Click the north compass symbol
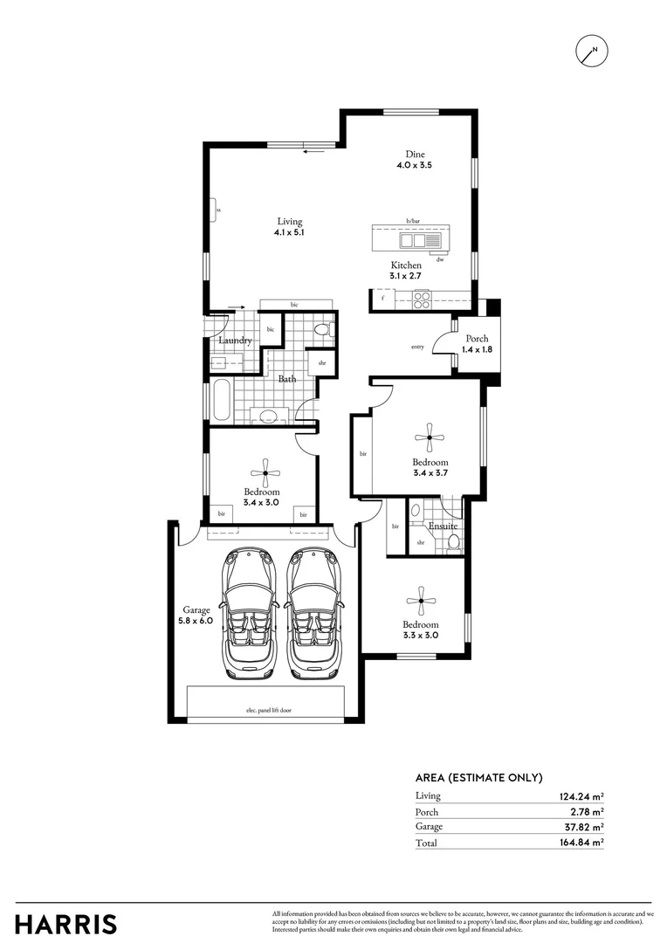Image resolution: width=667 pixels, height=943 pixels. click(592, 52)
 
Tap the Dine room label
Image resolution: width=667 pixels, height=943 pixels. click(402, 154)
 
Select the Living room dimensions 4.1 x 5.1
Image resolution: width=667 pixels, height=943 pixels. click(289, 233)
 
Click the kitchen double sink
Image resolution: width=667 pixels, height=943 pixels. click(412, 240)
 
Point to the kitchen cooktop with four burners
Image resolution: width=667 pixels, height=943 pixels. click(422, 299)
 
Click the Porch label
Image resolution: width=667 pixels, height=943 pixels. click(477, 339)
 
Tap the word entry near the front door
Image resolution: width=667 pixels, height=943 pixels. click(417, 348)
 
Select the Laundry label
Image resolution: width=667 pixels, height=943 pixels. click(235, 341)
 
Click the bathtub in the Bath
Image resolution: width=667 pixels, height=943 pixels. click(221, 401)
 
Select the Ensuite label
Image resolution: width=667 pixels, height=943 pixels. click(442, 527)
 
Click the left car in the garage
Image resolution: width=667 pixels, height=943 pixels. click(250, 612)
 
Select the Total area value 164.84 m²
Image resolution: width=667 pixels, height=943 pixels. click(581, 843)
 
